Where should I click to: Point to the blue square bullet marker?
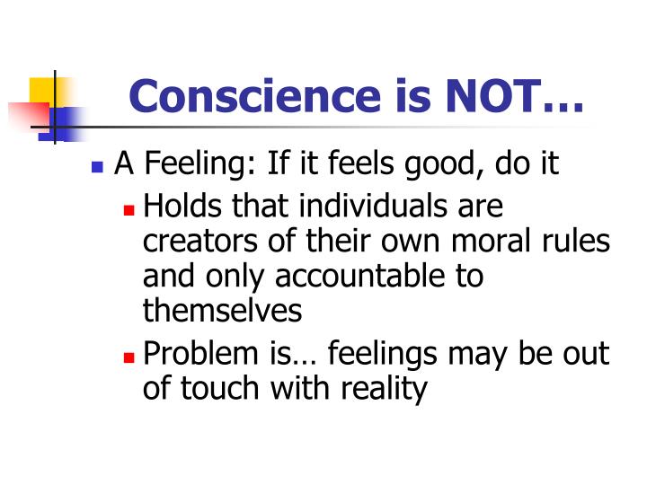pyautogui.click(x=98, y=168)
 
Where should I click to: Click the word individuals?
pyautogui.click(x=377, y=207)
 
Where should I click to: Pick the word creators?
pyautogui.click(x=200, y=242)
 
